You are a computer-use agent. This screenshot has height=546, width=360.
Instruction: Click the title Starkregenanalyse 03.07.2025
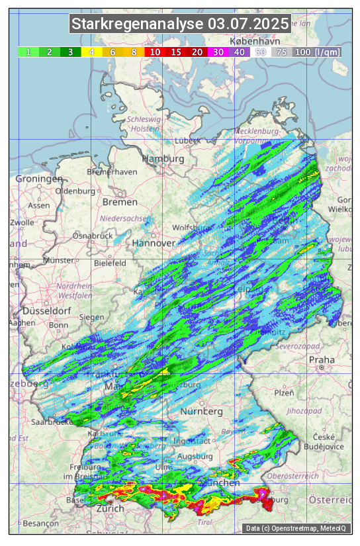click(x=180, y=24)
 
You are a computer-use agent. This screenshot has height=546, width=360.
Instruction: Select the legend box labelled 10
click(x=155, y=52)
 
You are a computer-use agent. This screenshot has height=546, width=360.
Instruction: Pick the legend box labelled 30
click(x=218, y=52)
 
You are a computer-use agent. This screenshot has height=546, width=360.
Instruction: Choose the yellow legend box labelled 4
click(x=91, y=52)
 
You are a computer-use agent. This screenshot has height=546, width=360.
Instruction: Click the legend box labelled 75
click(x=281, y=52)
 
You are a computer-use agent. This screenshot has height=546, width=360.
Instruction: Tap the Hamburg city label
click(x=163, y=159)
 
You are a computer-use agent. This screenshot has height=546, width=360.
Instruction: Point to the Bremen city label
click(x=120, y=202)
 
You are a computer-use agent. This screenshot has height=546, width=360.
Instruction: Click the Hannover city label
click(x=154, y=243)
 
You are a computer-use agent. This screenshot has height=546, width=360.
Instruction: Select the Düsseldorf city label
click(x=46, y=310)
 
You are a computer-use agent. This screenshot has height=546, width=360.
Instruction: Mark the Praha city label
click(x=322, y=360)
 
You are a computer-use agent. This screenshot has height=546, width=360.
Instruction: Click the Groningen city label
click(x=38, y=179)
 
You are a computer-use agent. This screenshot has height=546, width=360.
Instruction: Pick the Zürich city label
click(x=109, y=508)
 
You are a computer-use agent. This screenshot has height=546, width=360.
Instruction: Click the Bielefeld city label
click(x=110, y=263)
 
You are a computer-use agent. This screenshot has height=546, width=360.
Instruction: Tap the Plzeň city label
click(x=284, y=392)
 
